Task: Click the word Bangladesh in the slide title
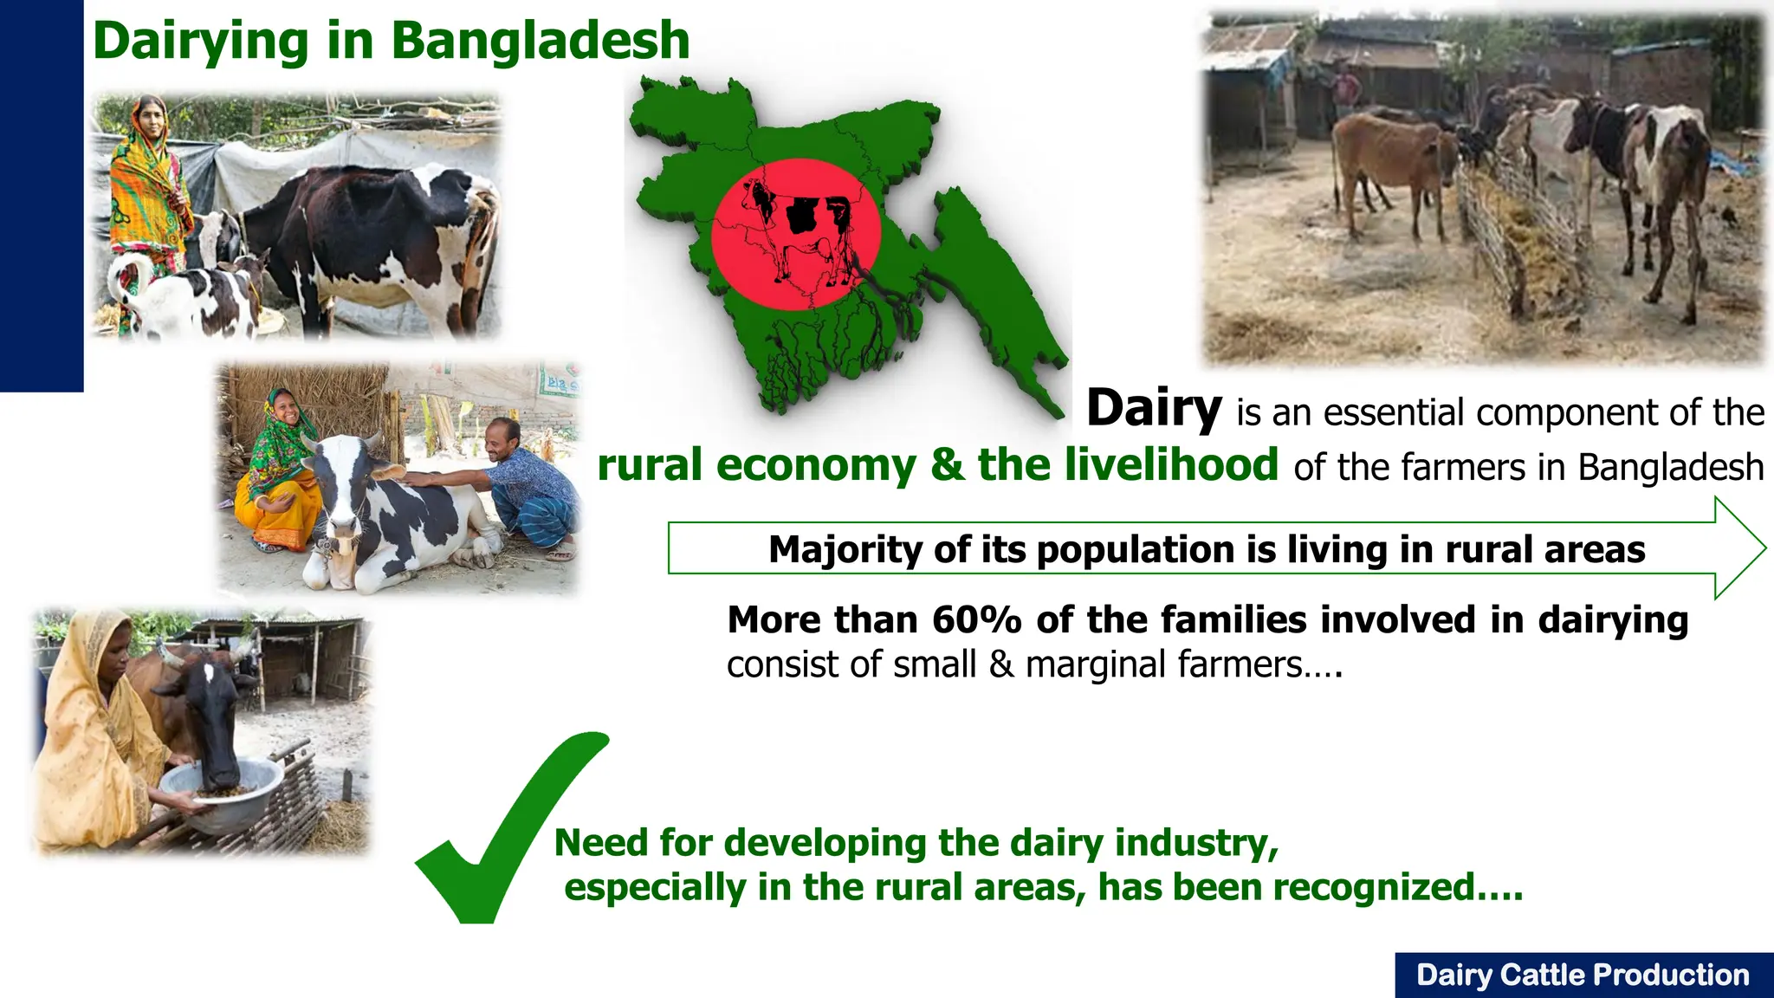tap(540, 41)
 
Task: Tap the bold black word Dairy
tap(1154, 408)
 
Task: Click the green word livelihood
tap(1127, 464)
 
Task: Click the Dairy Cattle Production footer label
tap(1583, 975)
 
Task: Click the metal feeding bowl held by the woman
tap(222, 793)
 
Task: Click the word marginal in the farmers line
tap(1089, 665)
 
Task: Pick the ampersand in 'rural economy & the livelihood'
tap(947, 465)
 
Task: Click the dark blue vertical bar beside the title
tap(41, 195)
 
